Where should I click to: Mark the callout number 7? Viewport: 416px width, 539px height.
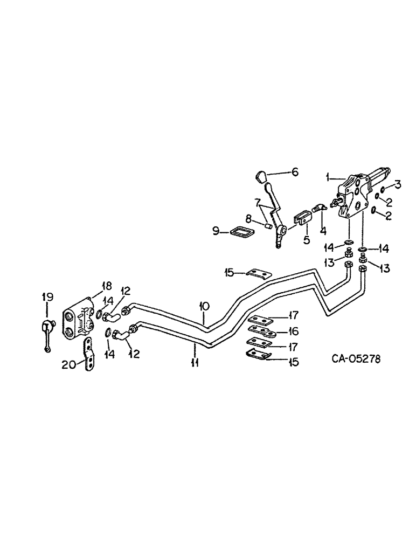point(259,202)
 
